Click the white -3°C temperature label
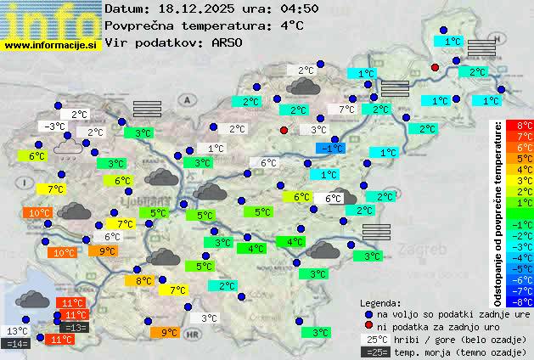point(55,127)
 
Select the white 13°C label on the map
point(17,331)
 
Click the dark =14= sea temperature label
point(17,344)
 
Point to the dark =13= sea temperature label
point(75,328)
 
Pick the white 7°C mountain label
point(346,110)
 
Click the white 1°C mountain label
point(216,149)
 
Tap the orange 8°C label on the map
point(144,281)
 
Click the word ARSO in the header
point(229,42)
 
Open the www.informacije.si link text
point(51,45)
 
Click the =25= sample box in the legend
point(378,352)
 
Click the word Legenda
point(380,302)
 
